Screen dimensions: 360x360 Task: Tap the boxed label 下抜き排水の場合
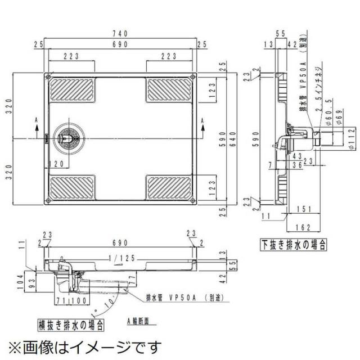click(294, 245)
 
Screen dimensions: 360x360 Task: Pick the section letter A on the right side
click(202, 120)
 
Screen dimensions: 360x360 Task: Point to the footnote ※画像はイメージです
click(84, 346)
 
